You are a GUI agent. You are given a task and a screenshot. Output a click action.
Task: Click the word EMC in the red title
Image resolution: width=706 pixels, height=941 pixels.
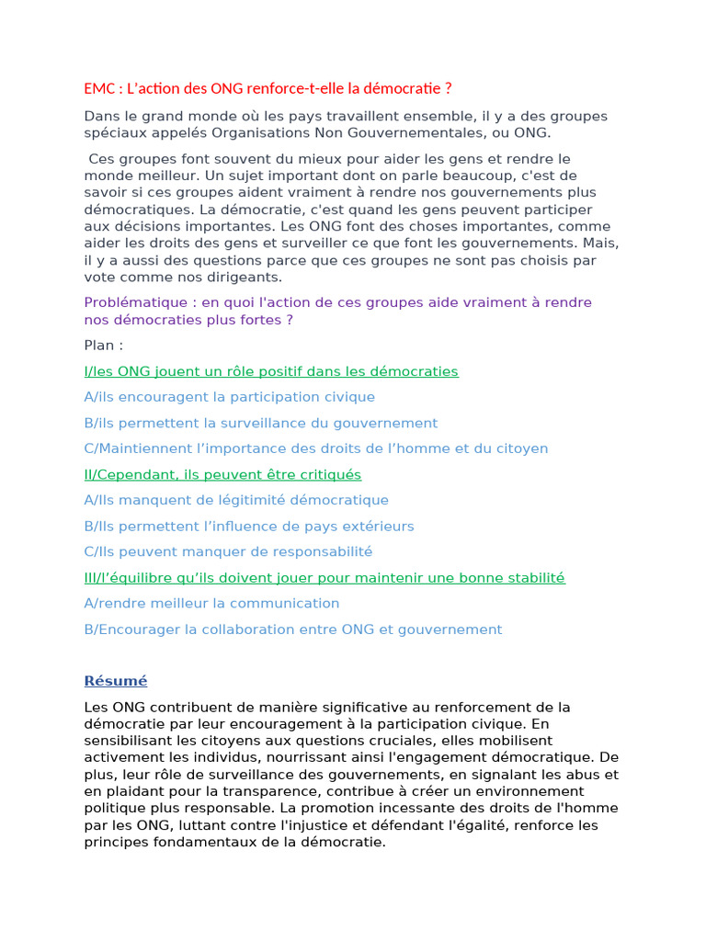[97, 89]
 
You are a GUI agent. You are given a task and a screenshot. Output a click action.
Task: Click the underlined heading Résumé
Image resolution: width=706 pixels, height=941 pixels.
[115, 681]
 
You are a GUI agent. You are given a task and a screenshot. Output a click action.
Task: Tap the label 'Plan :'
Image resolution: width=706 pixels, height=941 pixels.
[103, 346]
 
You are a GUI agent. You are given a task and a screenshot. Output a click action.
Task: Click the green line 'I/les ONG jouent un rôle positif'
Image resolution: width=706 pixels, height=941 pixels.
[270, 371]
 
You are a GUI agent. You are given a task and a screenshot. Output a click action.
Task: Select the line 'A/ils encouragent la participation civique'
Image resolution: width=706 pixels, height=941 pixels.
[229, 397]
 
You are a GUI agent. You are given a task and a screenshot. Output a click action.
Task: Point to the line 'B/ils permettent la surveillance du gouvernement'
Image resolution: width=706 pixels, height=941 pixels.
[260, 423]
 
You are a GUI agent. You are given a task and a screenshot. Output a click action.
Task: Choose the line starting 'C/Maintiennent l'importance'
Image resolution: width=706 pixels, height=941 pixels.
[315, 448]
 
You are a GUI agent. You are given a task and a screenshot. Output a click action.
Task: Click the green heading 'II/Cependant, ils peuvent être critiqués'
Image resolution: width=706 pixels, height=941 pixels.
[222, 474]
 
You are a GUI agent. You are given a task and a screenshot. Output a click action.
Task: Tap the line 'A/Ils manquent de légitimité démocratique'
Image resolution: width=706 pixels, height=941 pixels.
[235, 500]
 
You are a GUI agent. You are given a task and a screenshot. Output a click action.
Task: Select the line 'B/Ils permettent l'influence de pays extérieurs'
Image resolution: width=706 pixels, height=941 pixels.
[248, 526]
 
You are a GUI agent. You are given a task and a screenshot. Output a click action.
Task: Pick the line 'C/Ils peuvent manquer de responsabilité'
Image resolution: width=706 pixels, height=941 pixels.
[228, 551]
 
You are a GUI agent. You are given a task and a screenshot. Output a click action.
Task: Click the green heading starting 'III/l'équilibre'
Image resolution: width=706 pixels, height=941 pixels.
[324, 577]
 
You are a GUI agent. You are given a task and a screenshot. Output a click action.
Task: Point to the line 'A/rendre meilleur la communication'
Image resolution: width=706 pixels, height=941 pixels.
[211, 603]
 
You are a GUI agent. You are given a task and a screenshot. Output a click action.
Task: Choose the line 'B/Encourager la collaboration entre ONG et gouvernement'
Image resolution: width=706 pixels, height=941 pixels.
[292, 629]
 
